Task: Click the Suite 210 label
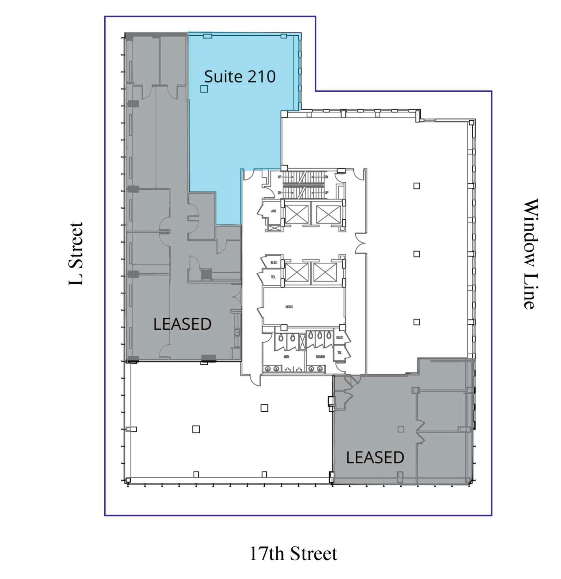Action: pyautogui.click(x=240, y=77)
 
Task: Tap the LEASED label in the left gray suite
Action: pyautogui.click(x=182, y=324)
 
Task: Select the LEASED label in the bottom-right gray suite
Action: pyautogui.click(x=375, y=457)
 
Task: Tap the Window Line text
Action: pyautogui.click(x=530, y=254)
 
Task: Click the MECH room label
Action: pyautogui.click(x=289, y=307)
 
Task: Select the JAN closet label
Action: pyautogui.click(x=273, y=211)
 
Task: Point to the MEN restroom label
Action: pyautogui.click(x=286, y=357)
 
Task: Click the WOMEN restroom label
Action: pyautogui.click(x=320, y=357)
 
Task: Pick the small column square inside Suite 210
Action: pyautogui.click(x=204, y=88)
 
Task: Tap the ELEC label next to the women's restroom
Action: pyautogui.click(x=339, y=337)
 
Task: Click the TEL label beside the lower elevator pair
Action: pyautogui.click(x=273, y=277)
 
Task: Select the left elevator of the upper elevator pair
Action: pyautogui.click(x=297, y=215)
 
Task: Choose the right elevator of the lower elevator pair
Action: pyautogui.click(x=325, y=272)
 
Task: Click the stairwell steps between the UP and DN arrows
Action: pyautogui.click(x=303, y=185)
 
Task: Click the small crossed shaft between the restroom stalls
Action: pyautogui.click(x=302, y=342)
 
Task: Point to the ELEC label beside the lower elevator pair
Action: pyautogui.click(x=273, y=263)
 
